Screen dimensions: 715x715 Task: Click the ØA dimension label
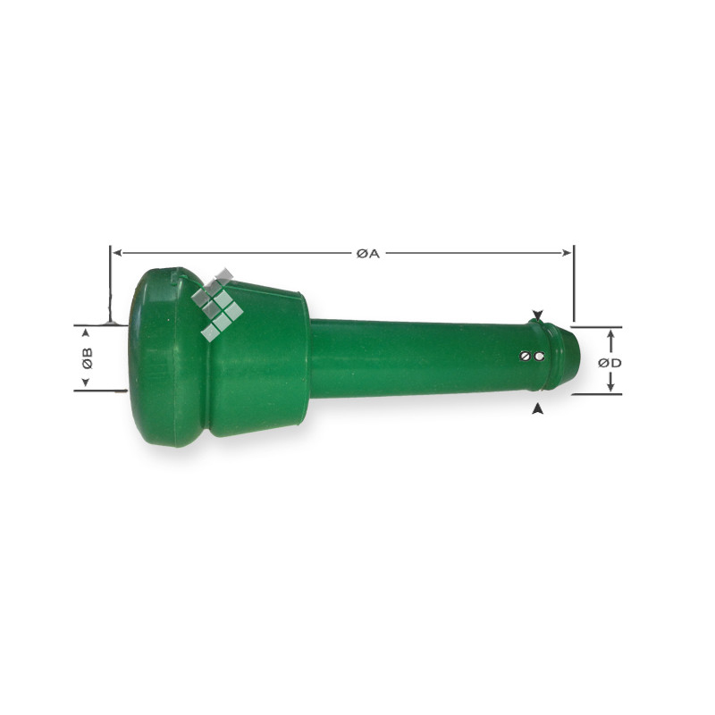click(x=368, y=254)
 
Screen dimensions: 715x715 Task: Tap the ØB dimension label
click(x=87, y=358)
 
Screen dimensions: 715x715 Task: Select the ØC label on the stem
click(x=532, y=356)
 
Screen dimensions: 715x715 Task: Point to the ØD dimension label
click(x=610, y=363)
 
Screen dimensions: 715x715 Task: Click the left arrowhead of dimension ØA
click(x=117, y=253)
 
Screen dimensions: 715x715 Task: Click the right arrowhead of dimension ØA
click(x=567, y=253)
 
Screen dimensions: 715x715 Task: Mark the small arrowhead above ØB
click(x=85, y=333)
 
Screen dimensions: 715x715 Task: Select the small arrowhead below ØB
click(x=85, y=383)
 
